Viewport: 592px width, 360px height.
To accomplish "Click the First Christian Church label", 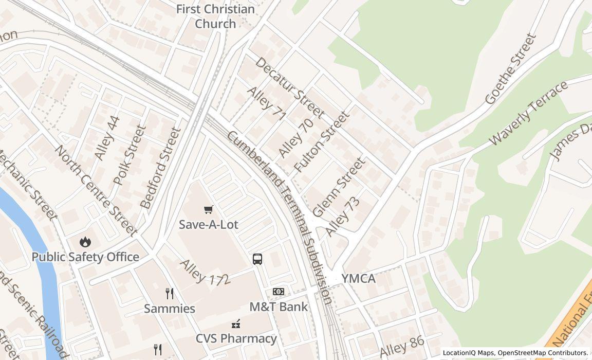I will (215, 16).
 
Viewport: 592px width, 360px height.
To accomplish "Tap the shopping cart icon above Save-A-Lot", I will (209, 209).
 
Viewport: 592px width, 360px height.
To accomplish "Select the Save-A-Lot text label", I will (209, 225).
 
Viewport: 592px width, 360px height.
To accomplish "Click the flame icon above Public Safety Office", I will (85, 242).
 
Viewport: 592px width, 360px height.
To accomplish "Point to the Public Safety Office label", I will (85, 257).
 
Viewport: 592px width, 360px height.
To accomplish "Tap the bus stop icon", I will (257, 259).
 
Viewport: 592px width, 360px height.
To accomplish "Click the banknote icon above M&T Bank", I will (279, 292).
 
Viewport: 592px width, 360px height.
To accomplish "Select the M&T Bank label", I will (279, 307).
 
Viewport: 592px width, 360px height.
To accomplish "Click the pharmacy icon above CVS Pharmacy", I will (236, 323).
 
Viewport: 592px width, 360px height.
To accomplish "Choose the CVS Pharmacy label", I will (236, 338).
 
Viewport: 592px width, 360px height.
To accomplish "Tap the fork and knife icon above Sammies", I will (170, 294).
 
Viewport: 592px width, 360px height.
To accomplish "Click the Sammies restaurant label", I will (170, 309).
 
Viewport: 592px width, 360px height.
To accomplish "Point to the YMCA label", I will (358, 279).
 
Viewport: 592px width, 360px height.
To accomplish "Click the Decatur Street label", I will (289, 87).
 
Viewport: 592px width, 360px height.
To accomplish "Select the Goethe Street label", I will (510, 69).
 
